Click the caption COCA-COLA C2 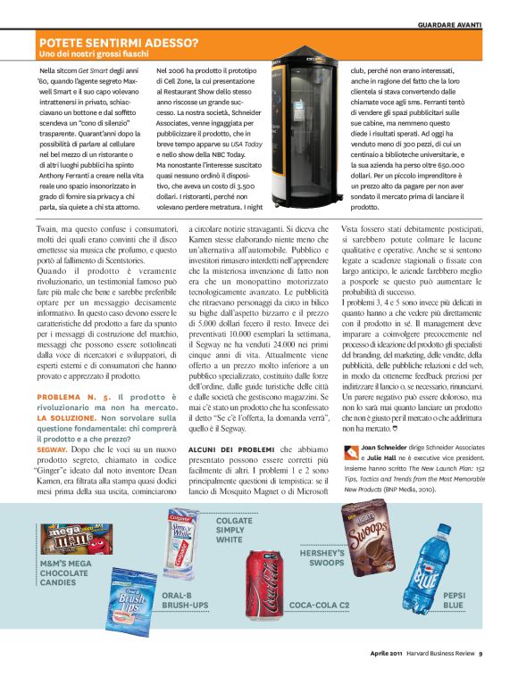pyautogui.click(x=320, y=604)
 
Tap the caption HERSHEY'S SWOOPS pyautogui.click(x=322, y=558)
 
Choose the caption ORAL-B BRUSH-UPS pyautogui.click(x=185, y=599)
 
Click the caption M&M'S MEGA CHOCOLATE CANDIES pyautogui.click(x=64, y=573)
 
